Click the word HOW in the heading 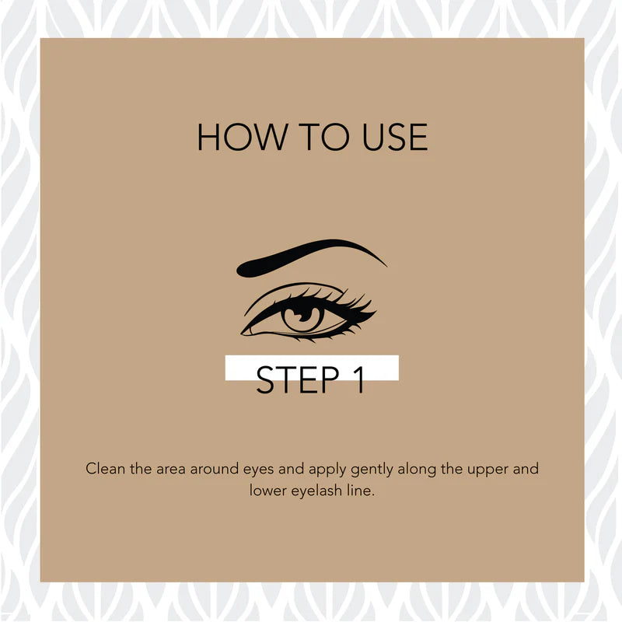point(243,137)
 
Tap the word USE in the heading point(395,137)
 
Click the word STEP point(298,379)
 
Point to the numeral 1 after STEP point(359,379)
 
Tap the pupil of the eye point(303,315)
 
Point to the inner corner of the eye point(243,333)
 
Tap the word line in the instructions point(361,491)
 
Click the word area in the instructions point(170,470)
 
